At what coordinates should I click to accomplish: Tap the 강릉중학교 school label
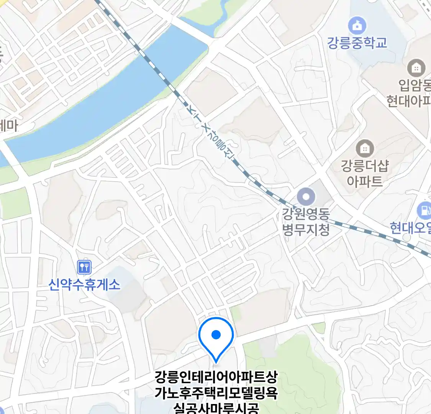coord(357,43)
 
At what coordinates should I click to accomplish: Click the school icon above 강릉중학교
coord(357,26)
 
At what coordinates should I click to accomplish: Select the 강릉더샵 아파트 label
coord(365,173)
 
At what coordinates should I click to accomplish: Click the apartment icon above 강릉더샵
coord(365,148)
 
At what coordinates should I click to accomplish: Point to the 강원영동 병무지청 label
coord(306,222)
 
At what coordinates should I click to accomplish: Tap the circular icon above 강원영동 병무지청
coord(306,198)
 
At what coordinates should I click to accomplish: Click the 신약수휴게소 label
coord(84,284)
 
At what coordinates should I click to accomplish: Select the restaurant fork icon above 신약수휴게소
coord(84,267)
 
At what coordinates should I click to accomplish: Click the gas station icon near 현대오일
coord(424,210)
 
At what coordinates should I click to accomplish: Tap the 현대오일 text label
coord(410,228)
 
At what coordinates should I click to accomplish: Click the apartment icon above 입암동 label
coord(416,68)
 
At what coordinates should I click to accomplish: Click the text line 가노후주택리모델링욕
coord(216,393)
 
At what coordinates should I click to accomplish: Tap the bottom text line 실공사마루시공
coord(216,408)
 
